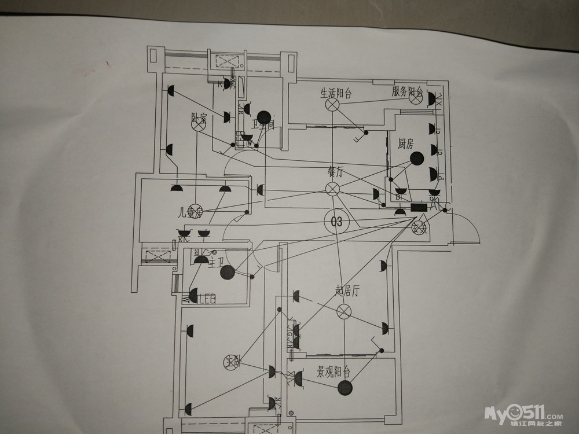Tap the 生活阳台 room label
click(336, 93)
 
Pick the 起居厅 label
click(347, 290)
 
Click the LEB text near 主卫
click(207, 299)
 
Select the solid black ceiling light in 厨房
click(416, 159)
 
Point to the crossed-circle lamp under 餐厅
click(332, 189)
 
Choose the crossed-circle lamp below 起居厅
click(344, 312)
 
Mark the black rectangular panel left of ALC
click(418, 207)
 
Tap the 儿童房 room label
click(190, 212)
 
